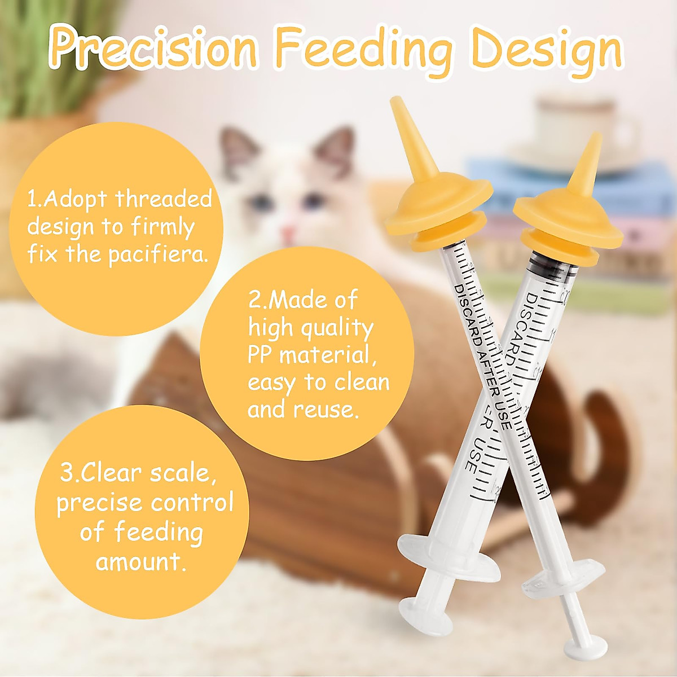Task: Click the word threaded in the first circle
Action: (164, 199)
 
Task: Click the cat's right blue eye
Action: (312, 201)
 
